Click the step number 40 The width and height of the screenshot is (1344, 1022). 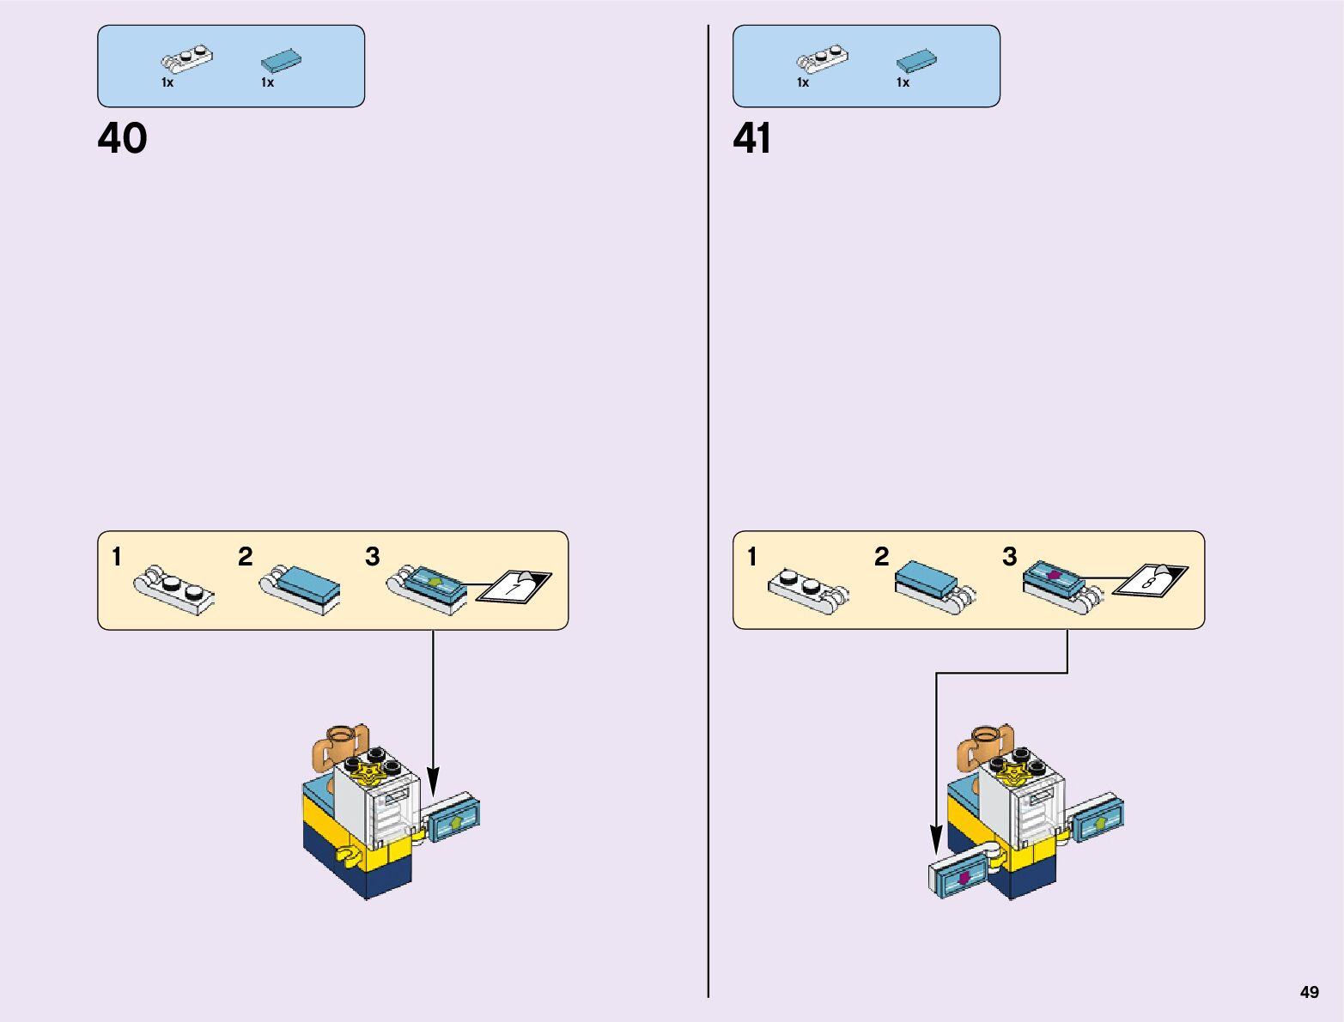click(x=122, y=138)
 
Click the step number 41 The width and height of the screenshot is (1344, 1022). click(x=751, y=138)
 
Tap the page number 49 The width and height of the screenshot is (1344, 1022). click(x=1309, y=992)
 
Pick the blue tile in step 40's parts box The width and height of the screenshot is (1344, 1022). click(x=281, y=60)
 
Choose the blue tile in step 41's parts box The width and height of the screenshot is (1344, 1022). click(x=916, y=60)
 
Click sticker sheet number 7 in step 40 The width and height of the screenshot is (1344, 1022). click(x=514, y=586)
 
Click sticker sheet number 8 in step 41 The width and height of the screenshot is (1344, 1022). click(x=1150, y=582)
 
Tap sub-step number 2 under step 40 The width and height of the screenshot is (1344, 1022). click(x=246, y=557)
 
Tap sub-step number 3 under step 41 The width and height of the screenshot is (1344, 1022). click(x=1010, y=557)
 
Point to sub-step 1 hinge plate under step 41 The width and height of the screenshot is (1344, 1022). click(x=806, y=590)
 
